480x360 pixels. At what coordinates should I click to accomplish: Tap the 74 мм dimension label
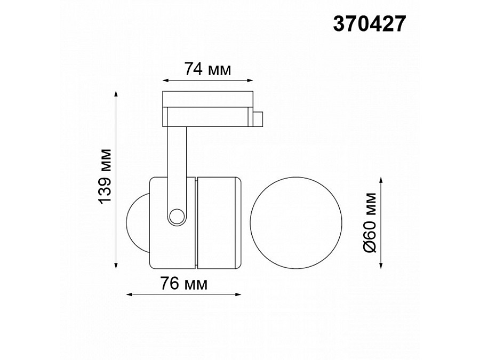click(x=207, y=69)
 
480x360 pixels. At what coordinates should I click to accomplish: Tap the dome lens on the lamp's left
click(x=137, y=222)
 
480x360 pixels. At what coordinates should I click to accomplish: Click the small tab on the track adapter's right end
click(x=258, y=119)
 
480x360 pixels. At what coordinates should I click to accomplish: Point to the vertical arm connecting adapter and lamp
click(x=177, y=160)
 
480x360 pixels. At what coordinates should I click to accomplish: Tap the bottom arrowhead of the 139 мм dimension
click(x=117, y=265)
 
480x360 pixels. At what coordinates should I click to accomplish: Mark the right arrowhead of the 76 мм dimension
click(x=238, y=294)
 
